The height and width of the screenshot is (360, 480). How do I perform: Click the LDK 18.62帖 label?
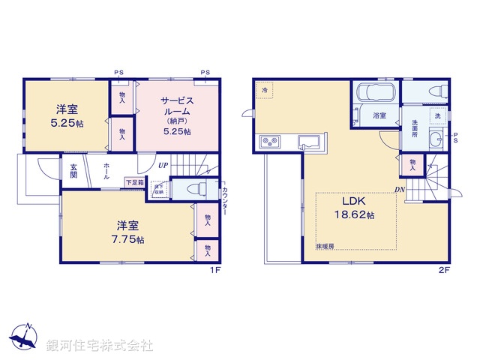pyautogui.click(x=355, y=208)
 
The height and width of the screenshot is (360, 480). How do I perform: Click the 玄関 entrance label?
pyautogui.click(x=73, y=171)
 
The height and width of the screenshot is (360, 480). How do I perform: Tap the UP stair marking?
pyautogui.click(x=162, y=164)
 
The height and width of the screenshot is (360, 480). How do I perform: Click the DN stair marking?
pyautogui.click(x=400, y=189)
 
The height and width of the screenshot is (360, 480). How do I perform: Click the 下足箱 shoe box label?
pyautogui.click(x=135, y=182)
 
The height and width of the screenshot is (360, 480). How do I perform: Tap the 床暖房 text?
pyautogui.click(x=323, y=246)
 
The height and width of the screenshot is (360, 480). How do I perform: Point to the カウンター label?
pyautogui.click(x=225, y=203)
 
